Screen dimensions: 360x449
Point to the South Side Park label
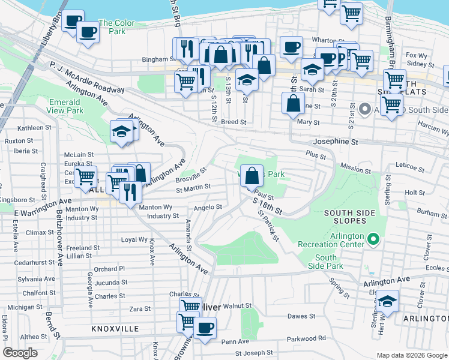[x=326, y=262]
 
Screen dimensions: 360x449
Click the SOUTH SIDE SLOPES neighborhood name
[x=353, y=218]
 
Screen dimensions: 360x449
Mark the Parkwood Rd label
[x=306, y=338]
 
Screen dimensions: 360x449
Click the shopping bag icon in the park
[x=253, y=176]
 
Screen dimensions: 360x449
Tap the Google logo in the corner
[x=20, y=353]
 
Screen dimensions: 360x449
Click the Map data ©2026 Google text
[x=412, y=355]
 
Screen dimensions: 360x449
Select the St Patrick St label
[x=268, y=226]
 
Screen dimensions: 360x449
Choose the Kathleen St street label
[x=34, y=128]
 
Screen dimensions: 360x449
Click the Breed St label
[x=234, y=122]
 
